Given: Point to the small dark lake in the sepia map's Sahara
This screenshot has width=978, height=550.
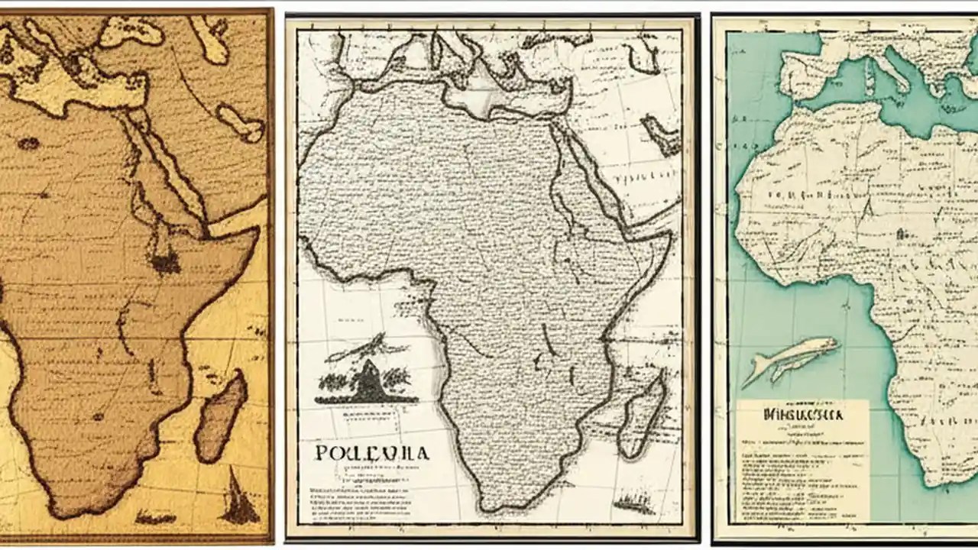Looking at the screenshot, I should click(x=28, y=143).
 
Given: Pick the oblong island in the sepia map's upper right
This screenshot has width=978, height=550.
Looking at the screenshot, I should click(x=240, y=122).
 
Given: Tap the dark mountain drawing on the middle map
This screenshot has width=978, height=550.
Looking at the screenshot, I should click(x=367, y=382).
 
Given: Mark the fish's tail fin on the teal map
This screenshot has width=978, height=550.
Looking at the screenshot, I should click(x=753, y=374).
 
